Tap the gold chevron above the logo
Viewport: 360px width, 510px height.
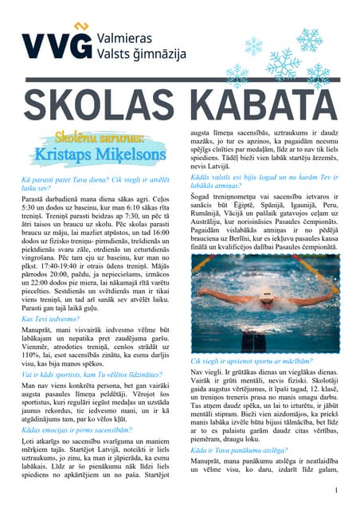[x=77, y=29]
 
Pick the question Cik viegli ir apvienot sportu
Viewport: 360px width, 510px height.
[x=248, y=361]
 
